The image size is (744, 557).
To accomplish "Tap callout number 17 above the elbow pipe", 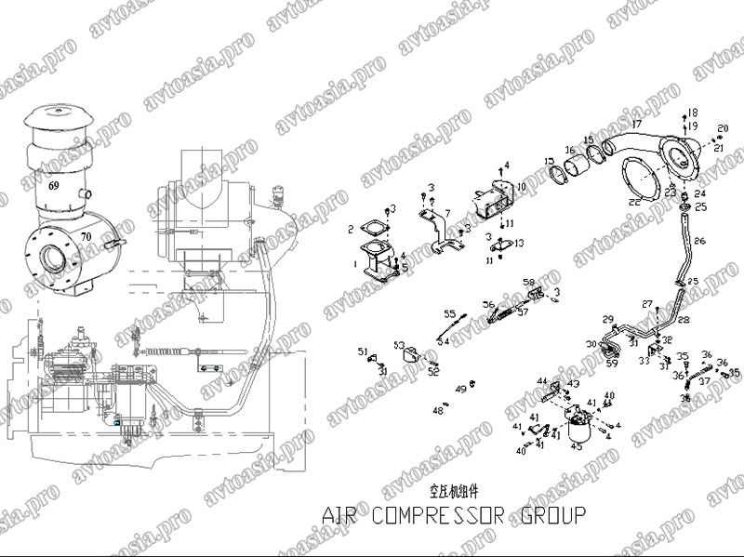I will (x=637, y=124).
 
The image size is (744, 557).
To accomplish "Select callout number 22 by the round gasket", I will (x=633, y=202).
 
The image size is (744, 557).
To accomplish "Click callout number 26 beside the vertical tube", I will (x=699, y=241).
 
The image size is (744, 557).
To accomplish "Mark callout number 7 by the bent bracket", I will (x=446, y=214).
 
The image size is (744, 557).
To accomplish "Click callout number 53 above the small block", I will (x=398, y=344).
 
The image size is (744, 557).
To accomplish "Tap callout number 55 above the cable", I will (x=448, y=313).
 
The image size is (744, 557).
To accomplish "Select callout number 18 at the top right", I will (x=693, y=113).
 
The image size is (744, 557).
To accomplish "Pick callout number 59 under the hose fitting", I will (x=611, y=364).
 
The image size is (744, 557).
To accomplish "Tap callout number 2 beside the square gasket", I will (x=351, y=229).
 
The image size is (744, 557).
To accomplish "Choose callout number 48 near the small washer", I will (x=437, y=409).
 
